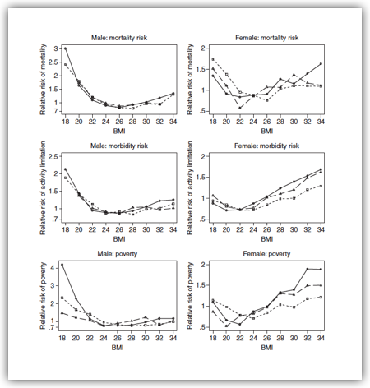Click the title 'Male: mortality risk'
pos(119,38)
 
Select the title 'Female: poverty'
pos(266,254)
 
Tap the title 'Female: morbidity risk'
pos(266,145)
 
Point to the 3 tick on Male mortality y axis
pos(56,48)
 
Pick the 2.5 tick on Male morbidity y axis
pos(53,156)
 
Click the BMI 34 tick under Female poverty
pos(321,338)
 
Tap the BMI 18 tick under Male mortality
pos(65,122)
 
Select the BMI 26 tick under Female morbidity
pos(266,229)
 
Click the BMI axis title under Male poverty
pos(118,348)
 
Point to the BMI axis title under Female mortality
pos(266,132)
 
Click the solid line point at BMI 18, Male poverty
pos(62,265)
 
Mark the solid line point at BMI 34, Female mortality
pos(321,64)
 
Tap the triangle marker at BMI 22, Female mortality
pos(240,108)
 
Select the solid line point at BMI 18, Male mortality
pos(65,48)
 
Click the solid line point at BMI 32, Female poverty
pos(308,269)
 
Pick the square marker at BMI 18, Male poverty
pos(62,298)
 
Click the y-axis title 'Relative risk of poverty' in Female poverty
pos(190,296)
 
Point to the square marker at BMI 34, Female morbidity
pos(321,186)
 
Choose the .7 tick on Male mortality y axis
pos(56,111)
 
